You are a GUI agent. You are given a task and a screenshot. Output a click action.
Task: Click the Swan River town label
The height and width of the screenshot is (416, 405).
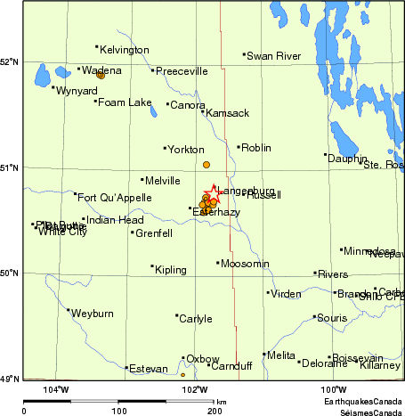[275, 56]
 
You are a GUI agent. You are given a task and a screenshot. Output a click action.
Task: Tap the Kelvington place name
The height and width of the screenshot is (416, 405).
[125, 50]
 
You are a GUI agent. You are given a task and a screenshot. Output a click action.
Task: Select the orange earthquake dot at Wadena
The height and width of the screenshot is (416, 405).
[101, 75]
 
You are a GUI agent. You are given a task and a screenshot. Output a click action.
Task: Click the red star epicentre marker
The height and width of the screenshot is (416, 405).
[214, 191]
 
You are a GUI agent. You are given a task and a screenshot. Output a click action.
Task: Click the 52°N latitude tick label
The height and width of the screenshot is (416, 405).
[11, 61]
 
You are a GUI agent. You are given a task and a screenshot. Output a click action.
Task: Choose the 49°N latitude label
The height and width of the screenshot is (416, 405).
[11, 379]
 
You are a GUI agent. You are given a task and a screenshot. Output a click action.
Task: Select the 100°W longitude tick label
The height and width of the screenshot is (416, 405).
[334, 389]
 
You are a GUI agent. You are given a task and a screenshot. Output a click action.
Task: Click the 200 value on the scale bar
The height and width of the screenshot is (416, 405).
[215, 411]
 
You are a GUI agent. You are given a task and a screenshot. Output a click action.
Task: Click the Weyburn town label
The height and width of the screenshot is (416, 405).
[93, 314]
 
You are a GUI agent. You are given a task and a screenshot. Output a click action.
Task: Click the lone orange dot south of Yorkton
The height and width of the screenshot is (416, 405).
[206, 165]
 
